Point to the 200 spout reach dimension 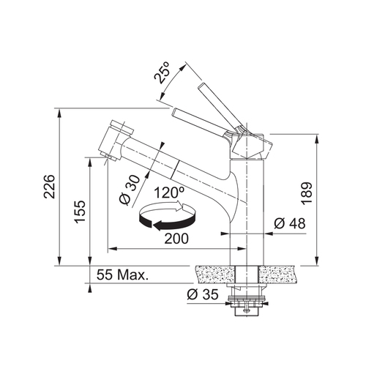tap(176, 239)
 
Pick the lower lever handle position tap(201, 121)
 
